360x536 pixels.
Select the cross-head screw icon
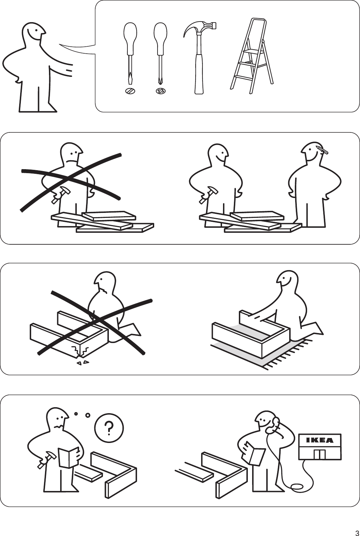click(160, 91)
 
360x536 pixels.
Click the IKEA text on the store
click(319, 440)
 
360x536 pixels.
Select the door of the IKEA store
click(320, 454)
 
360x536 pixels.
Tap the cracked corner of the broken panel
click(79, 352)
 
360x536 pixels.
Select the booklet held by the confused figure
click(68, 457)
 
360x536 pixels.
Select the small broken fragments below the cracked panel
click(83, 363)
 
